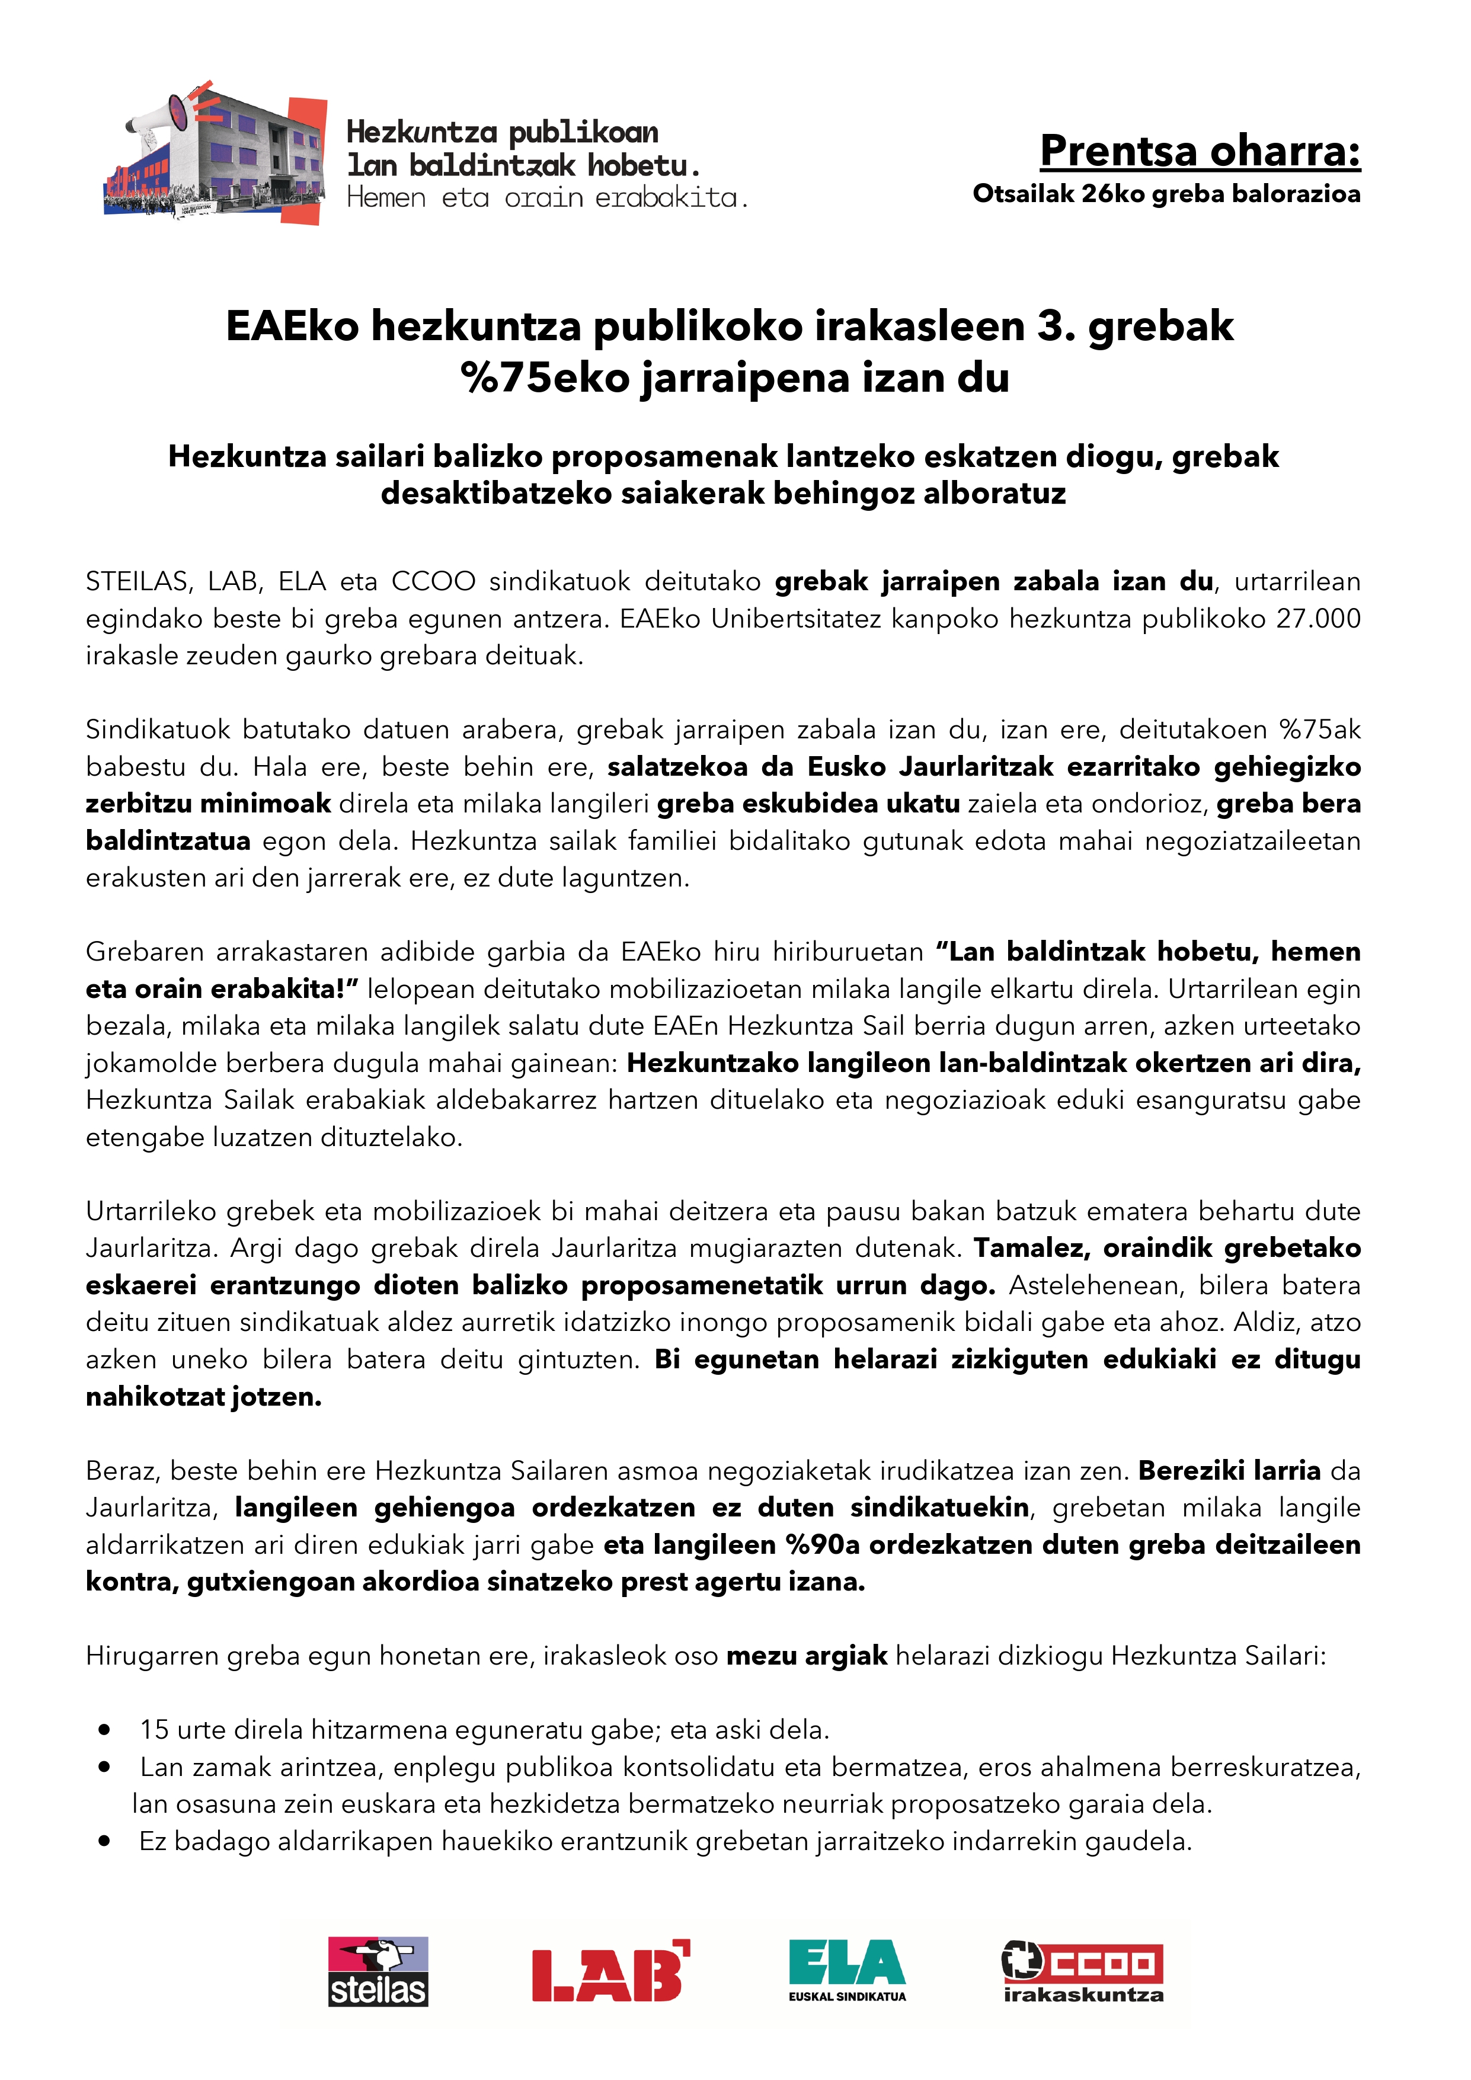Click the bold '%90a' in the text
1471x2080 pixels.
pos(821,1545)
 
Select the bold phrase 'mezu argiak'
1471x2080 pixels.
pos(806,1656)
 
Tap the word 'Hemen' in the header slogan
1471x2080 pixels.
pos(386,197)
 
